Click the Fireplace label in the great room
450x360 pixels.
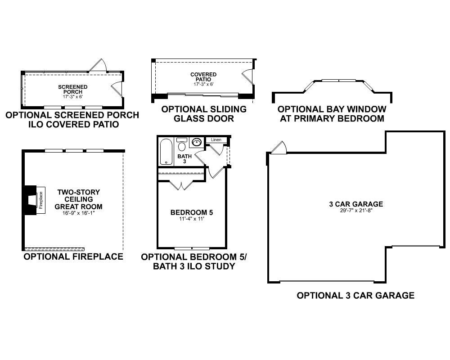pos(41,200)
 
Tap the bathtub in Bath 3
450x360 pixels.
pos(166,152)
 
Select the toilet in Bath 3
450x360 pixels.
pos(182,144)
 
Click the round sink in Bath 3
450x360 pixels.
pos(197,142)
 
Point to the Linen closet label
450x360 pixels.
pos(216,140)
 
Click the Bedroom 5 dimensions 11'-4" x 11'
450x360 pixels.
pos(192,219)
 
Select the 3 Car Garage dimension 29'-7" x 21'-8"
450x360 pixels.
pos(356,211)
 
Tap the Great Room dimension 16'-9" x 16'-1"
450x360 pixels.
pos(78,213)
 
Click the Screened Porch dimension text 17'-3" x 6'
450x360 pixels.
pos(72,97)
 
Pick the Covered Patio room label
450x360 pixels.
pos(203,77)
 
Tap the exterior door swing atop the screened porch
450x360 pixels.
pos(98,65)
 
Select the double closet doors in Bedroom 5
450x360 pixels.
pos(181,185)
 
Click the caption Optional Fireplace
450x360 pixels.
pos(73,256)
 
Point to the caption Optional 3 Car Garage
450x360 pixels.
pos(355,295)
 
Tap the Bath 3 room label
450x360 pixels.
pos(184,159)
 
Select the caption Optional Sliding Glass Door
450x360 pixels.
pos(204,114)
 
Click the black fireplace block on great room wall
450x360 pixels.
pos(30,200)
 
